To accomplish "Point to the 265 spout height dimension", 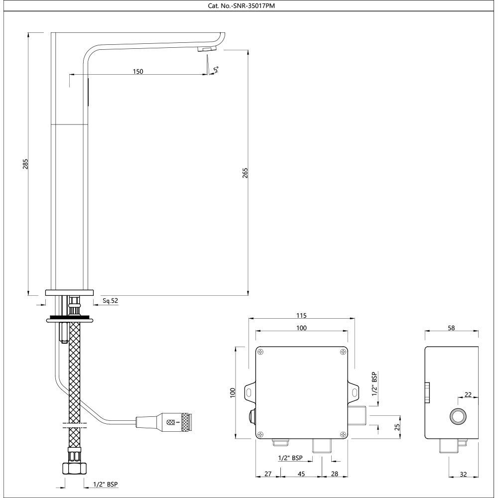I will [x=245, y=172].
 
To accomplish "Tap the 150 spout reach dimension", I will [x=138, y=71].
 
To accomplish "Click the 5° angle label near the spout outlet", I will [x=216, y=69].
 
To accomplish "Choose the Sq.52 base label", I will [x=110, y=301].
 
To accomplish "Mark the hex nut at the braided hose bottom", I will [x=74, y=468].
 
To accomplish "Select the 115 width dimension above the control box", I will [x=301, y=315].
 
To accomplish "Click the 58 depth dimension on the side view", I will [x=452, y=328].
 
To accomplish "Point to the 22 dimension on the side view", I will [x=468, y=394].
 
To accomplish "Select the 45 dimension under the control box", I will [x=301, y=475].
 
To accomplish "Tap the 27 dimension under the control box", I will [x=268, y=475].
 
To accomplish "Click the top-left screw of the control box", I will [x=260, y=352].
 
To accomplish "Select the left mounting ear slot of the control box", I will [x=248, y=393].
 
